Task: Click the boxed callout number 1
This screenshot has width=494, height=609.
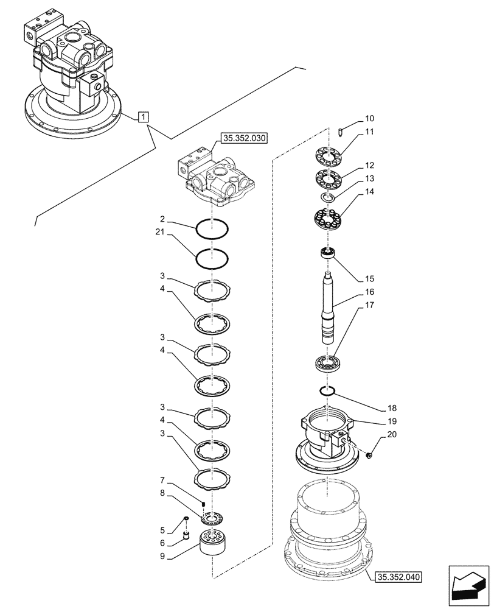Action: coord(143,116)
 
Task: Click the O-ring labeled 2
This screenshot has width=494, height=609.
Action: coord(212,230)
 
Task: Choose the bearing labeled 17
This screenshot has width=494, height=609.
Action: coord(329,364)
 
